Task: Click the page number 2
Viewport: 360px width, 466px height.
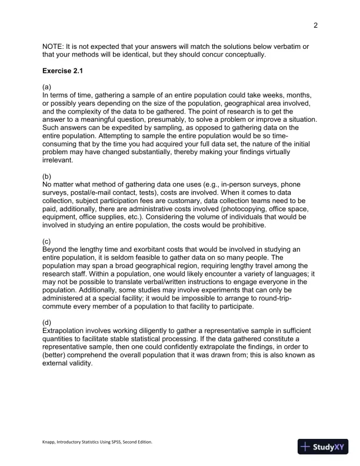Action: pyautogui.click(x=316, y=25)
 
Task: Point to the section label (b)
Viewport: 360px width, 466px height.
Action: pyautogui.click(x=47, y=177)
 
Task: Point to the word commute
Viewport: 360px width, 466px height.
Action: pyautogui.click(x=61, y=307)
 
